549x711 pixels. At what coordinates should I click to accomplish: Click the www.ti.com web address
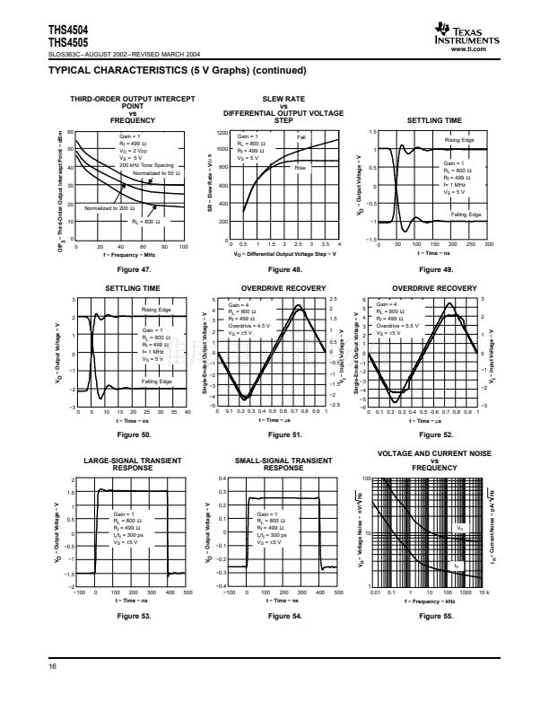tap(485, 48)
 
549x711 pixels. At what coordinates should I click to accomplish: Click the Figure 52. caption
tap(434, 435)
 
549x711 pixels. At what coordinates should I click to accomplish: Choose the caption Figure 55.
tap(434, 618)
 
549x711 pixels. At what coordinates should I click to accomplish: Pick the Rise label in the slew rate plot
tap(301, 167)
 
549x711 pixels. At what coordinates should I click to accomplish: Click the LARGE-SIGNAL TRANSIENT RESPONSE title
tap(133, 463)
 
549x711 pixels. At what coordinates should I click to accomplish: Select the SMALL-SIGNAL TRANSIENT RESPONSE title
tap(283, 463)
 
